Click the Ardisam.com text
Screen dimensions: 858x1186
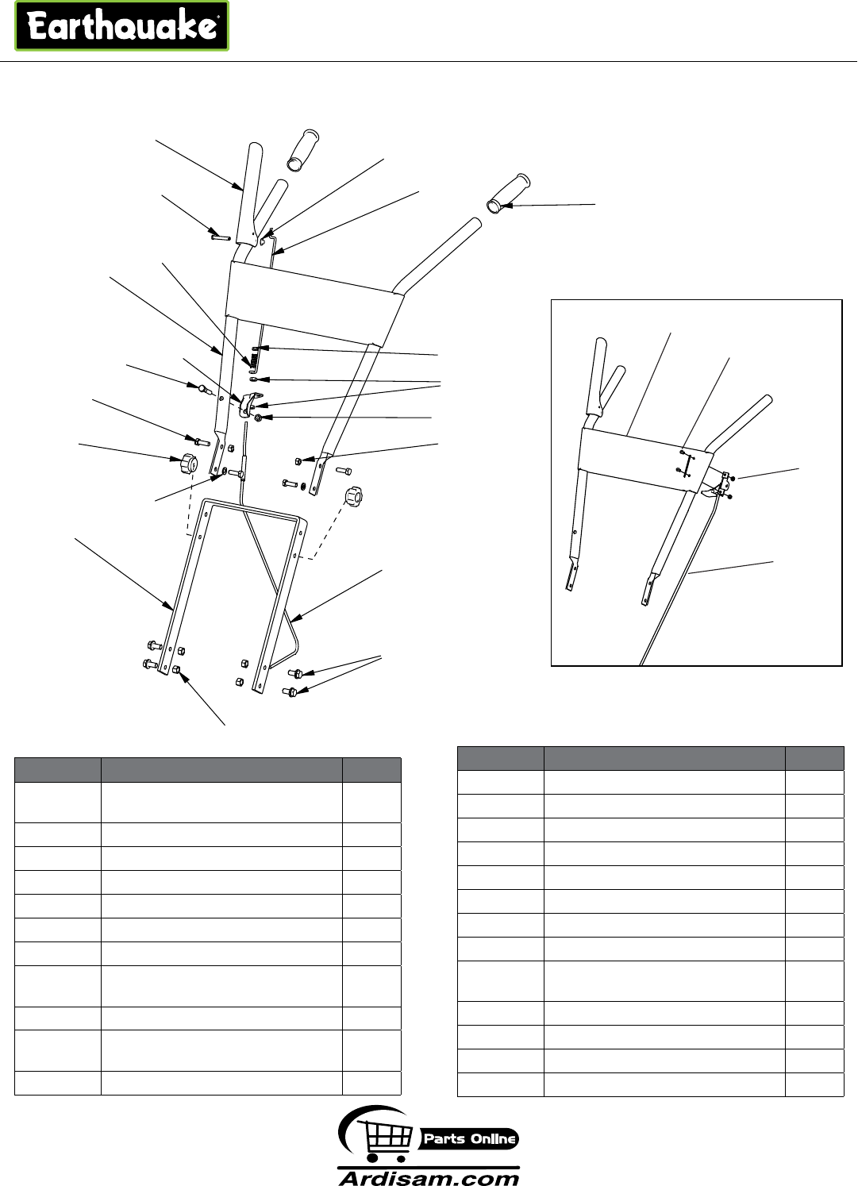tap(429, 1177)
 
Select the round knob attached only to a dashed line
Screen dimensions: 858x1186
tap(352, 499)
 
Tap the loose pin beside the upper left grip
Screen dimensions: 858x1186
tap(221, 235)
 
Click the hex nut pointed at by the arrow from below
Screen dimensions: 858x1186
tap(177, 670)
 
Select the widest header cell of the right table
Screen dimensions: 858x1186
tap(664, 757)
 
